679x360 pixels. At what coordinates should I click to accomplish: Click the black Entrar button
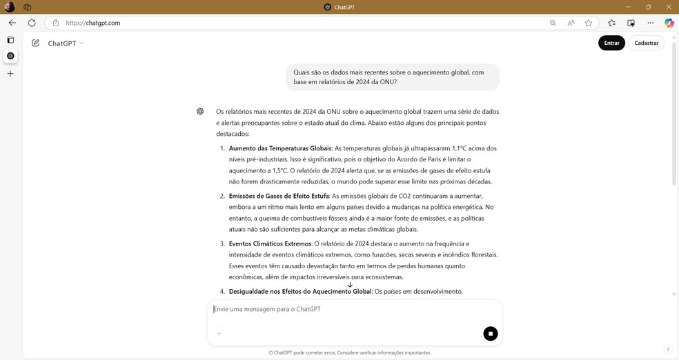[611, 43]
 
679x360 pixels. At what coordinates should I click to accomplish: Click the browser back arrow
[12, 23]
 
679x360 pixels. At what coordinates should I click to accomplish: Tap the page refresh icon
[32, 23]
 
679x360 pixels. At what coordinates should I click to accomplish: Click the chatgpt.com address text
[93, 23]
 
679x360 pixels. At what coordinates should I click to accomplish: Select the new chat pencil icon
[35, 43]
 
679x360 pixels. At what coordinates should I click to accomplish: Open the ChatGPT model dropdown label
[66, 43]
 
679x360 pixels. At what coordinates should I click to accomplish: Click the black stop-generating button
[491, 334]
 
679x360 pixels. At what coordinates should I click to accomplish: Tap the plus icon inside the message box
[219, 334]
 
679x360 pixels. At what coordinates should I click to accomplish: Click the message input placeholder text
[268, 309]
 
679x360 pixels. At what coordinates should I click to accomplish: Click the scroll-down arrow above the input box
[350, 285]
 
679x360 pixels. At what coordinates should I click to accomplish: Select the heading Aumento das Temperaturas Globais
[280, 148]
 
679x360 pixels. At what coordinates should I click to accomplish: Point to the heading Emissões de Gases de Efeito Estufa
[279, 196]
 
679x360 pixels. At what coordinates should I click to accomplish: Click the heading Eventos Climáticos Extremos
[270, 243]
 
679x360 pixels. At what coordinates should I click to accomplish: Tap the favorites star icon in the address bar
[589, 23]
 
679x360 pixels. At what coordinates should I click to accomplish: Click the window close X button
[667, 7]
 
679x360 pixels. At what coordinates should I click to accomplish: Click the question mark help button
[667, 350]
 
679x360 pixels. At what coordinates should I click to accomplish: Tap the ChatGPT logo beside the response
[200, 111]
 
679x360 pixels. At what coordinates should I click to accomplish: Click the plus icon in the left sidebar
[10, 73]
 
